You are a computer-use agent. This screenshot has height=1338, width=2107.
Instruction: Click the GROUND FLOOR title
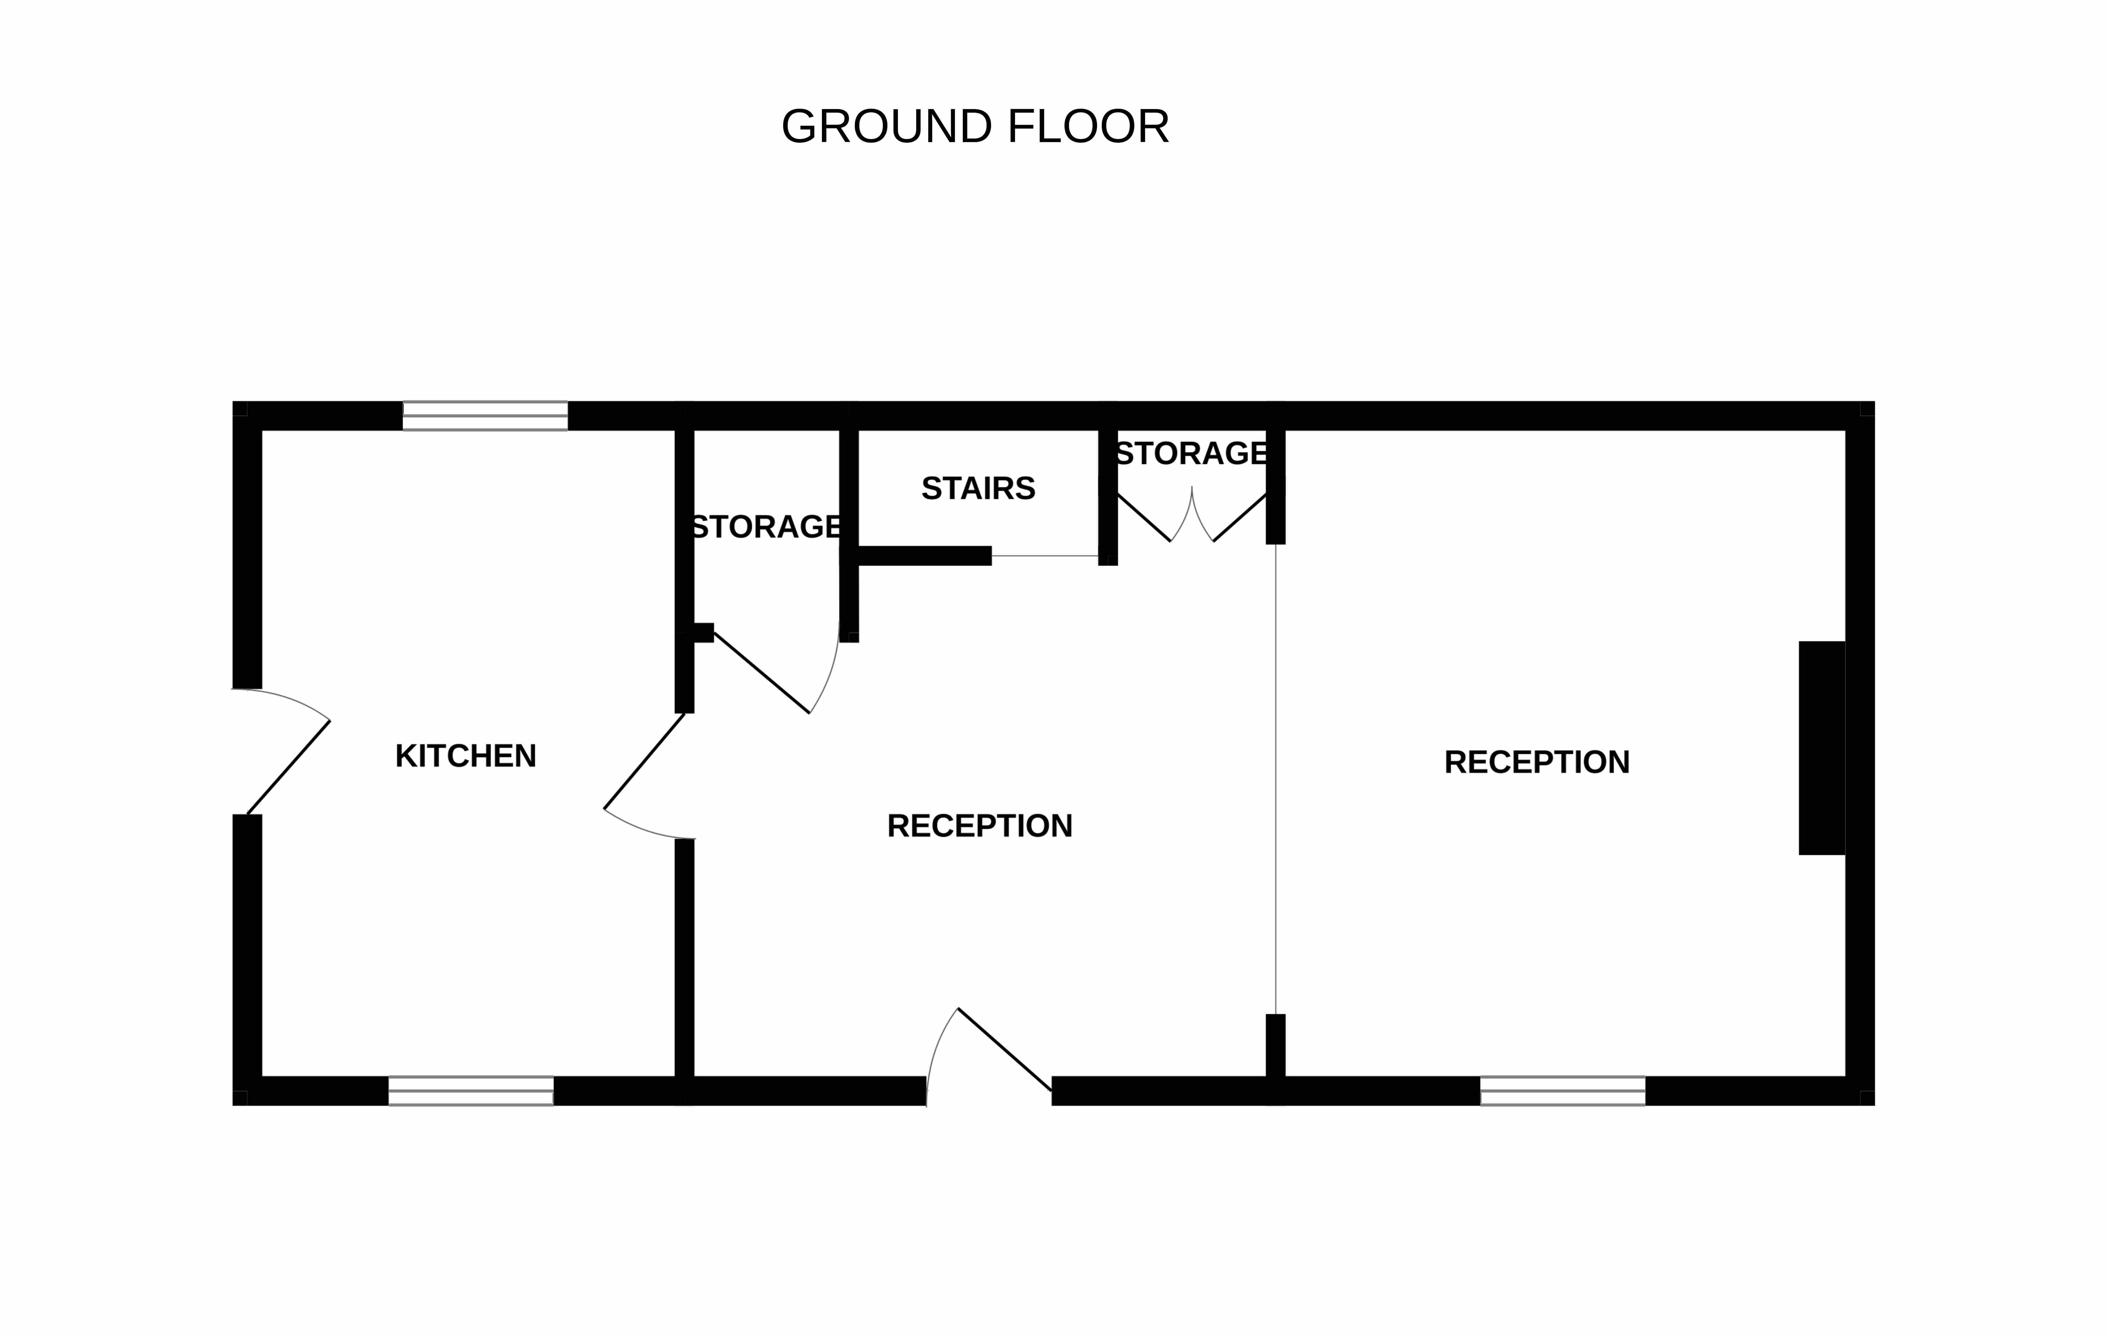(x=975, y=127)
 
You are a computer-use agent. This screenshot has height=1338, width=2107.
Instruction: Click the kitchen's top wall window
(x=485, y=416)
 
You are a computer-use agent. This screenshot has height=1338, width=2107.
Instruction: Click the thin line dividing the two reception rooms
(x=1276, y=779)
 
